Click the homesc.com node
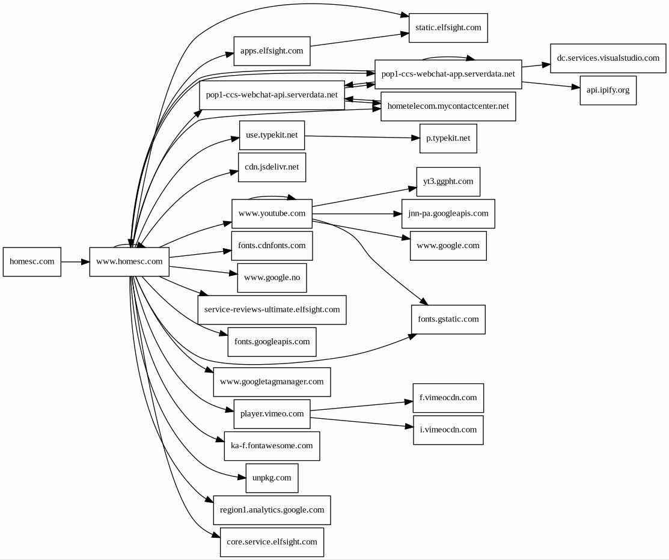[x=32, y=262]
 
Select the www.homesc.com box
[x=129, y=262]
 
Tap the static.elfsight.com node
[x=448, y=28]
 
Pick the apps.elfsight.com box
[x=272, y=51]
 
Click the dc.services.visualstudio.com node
[x=608, y=58]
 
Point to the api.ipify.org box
[x=608, y=90]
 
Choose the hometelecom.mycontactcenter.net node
[x=448, y=106]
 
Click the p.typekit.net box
[x=448, y=138]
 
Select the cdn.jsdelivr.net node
[x=272, y=167]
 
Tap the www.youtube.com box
[x=272, y=213]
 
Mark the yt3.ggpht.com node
[x=448, y=181]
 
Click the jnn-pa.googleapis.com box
[x=448, y=213]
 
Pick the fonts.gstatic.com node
[x=448, y=319]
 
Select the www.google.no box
[x=272, y=278]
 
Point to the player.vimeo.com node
[x=272, y=414]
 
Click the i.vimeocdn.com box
[x=448, y=430]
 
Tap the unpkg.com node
[x=272, y=478]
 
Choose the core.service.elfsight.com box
[x=272, y=542]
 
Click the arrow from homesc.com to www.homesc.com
[x=75, y=262]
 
